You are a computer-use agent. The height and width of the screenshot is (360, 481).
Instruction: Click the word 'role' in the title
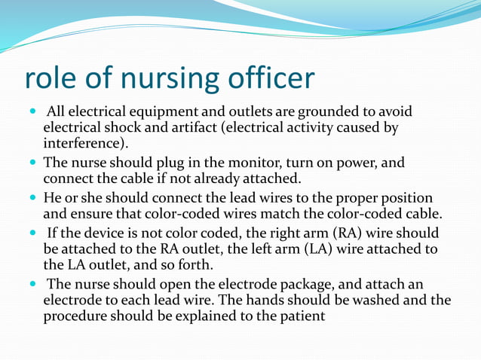51,79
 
